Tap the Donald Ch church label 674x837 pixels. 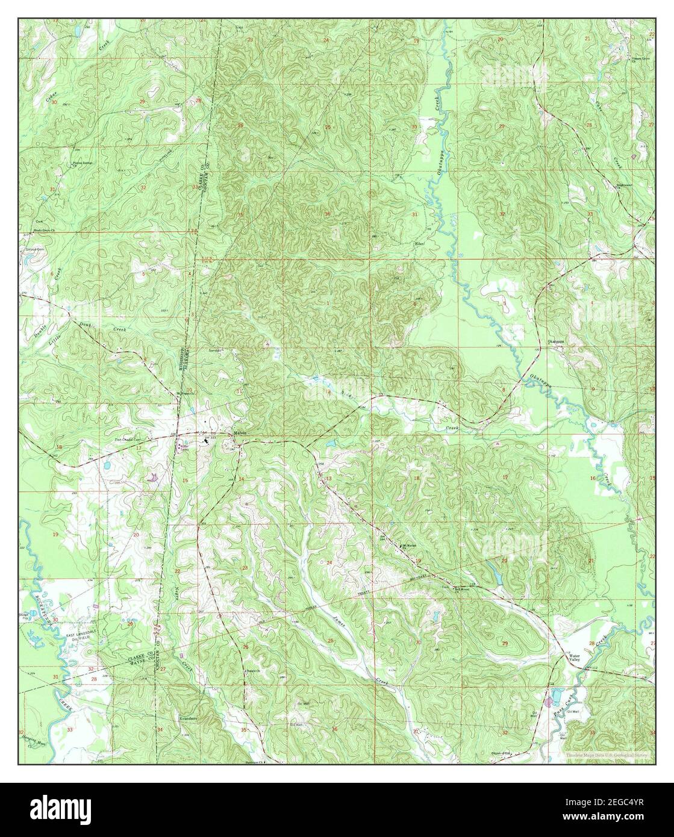(252, 671)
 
